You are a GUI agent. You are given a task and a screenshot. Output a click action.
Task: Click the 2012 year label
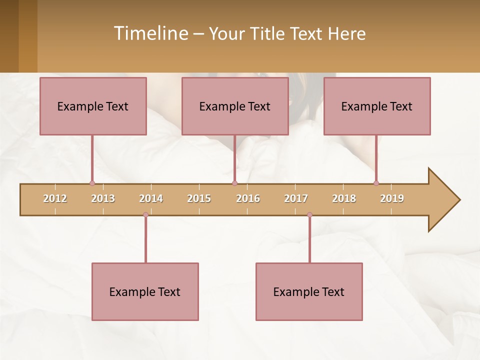point(55,198)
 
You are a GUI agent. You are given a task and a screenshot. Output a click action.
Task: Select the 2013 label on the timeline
point(103,198)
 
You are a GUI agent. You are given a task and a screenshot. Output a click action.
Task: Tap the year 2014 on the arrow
point(151,198)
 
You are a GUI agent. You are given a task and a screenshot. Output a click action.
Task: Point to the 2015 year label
point(199,198)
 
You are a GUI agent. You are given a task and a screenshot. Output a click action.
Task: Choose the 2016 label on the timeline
point(248,198)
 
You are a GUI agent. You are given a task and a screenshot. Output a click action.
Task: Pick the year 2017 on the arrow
point(296,198)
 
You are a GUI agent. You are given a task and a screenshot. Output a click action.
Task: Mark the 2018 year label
point(344,198)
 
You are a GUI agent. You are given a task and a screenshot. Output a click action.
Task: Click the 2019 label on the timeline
point(392,198)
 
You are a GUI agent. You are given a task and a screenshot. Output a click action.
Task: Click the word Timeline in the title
point(150,33)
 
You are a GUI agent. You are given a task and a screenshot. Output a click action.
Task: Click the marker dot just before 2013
point(92,183)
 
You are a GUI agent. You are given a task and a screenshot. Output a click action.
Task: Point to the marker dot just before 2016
point(235,183)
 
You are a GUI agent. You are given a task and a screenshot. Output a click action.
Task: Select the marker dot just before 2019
point(376,183)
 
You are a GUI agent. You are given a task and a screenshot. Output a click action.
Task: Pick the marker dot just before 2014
point(145,215)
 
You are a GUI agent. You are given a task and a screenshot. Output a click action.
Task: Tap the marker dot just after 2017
point(309,215)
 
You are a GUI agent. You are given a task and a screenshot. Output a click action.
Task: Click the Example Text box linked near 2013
point(93,106)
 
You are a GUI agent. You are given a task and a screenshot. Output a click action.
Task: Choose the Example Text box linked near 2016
point(235,106)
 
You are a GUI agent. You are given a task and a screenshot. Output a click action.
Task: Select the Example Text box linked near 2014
point(145,291)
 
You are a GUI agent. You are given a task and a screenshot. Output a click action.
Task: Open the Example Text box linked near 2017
point(309,291)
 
